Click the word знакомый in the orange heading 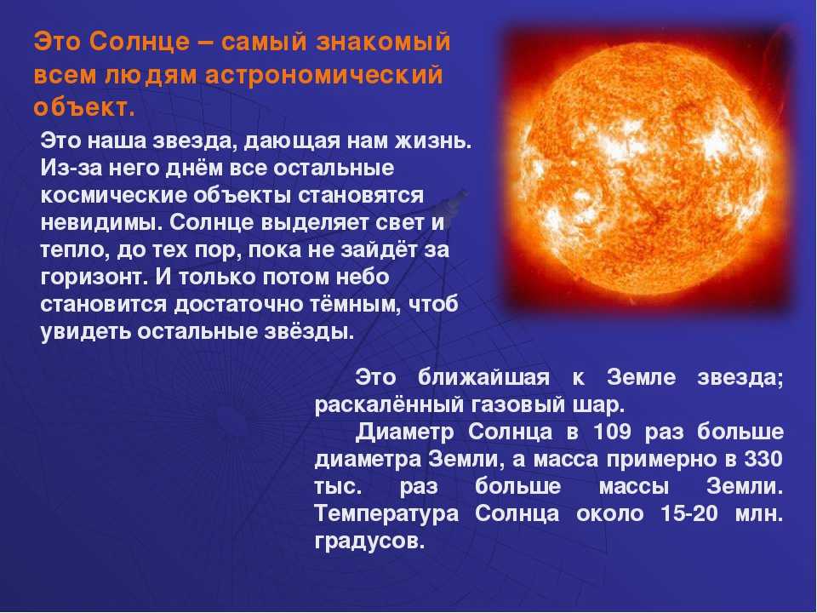coord(382,42)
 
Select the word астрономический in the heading coord(323,75)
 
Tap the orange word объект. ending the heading coord(84,107)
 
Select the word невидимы coord(101,222)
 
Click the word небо coord(363,276)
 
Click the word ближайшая coord(483,377)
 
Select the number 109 coord(612,432)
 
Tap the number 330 coord(764,459)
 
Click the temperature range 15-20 coord(688,513)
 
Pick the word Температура coord(386,514)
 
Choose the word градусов coord(370,541)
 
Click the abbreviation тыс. coord(338,486)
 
